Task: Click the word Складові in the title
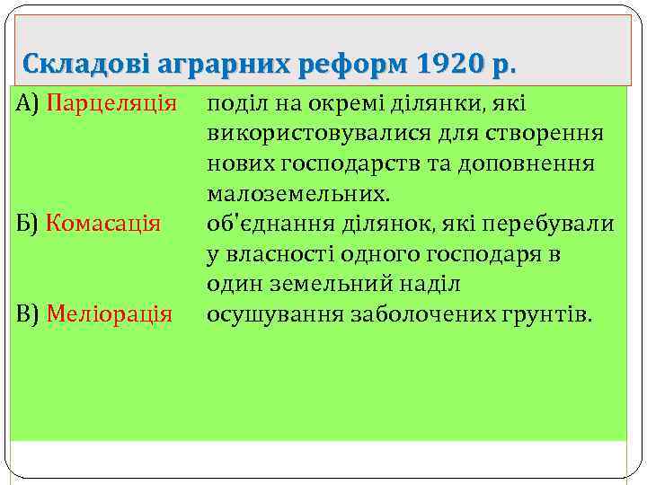(85, 65)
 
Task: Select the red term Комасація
(103, 222)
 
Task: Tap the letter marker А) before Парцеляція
(30, 103)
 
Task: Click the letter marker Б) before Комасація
(29, 222)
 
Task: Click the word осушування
(267, 314)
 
